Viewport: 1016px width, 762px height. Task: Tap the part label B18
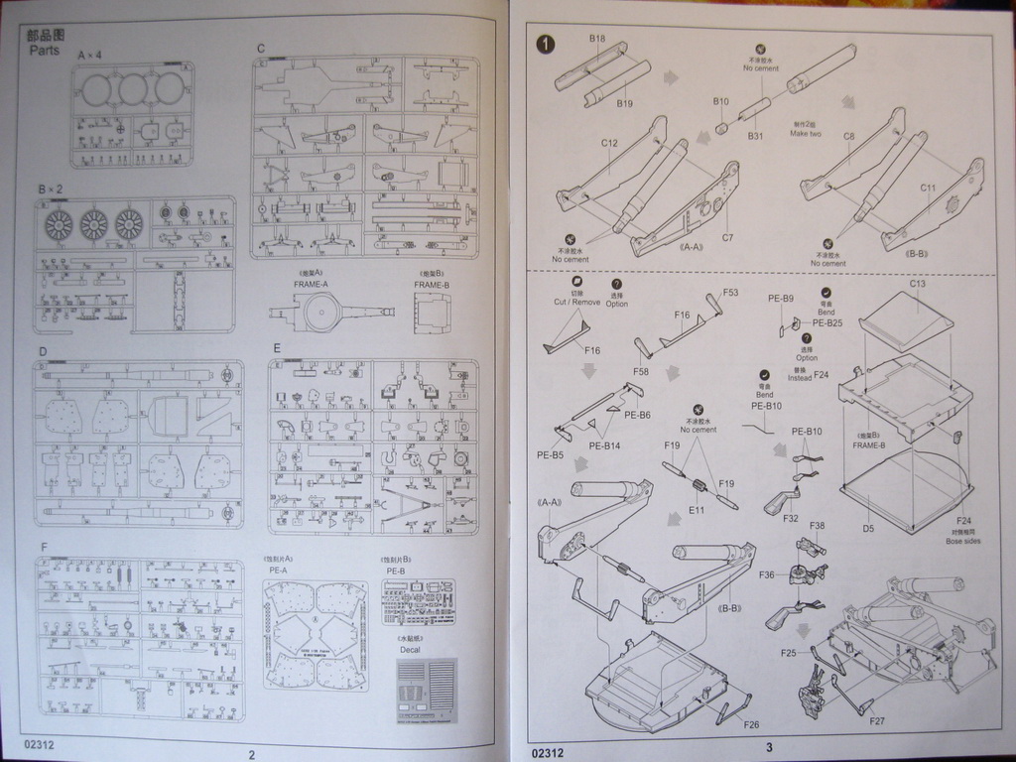tap(597, 39)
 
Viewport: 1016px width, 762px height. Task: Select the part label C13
tap(917, 284)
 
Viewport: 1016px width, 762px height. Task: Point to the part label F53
tap(730, 293)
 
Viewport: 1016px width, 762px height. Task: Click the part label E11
tap(696, 510)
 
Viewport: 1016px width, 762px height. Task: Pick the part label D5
tap(868, 529)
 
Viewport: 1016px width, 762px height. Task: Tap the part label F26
tap(751, 724)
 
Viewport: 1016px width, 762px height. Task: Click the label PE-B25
tap(826, 322)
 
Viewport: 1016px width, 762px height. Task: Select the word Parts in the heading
tap(45, 50)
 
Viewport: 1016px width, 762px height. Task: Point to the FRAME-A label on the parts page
tap(311, 284)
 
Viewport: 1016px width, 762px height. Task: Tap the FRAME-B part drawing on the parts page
tap(432, 313)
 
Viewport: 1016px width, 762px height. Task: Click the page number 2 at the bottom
tap(251, 754)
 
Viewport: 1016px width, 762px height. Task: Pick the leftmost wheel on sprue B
tap(59, 225)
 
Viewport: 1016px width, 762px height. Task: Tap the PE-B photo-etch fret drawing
tap(418, 601)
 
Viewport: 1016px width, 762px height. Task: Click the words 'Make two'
tap(806, 134)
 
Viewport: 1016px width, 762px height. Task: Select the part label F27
tap(877, 720)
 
